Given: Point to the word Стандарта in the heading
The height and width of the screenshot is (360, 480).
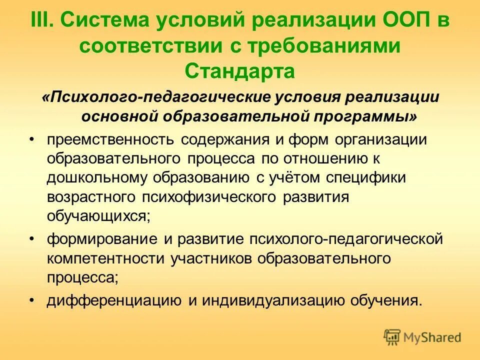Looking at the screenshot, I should (239, 71).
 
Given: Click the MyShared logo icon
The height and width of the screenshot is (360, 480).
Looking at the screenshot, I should (392, 337).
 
